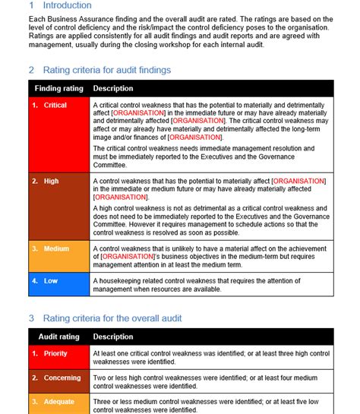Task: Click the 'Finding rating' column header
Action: coord(58,89)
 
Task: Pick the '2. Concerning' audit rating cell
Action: coord(58,378)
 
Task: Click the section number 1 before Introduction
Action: coord(31,6)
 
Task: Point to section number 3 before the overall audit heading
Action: coord(31,318)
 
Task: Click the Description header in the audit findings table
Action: coord(113,89)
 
